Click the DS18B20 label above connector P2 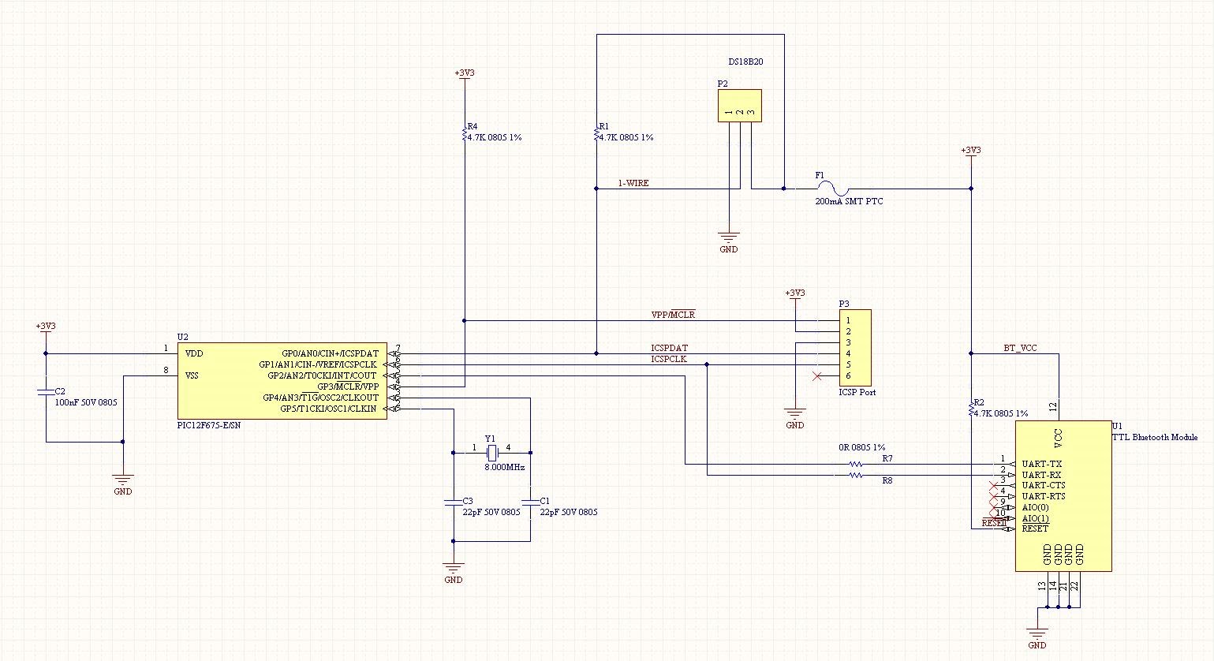[745, 61]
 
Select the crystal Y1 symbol [492, 453]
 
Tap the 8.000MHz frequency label [505, 468]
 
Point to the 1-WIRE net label [633, 183]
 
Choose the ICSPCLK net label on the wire [668, 360]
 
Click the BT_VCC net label [1020, 348]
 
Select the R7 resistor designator [887, 458]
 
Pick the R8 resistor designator [887, 480]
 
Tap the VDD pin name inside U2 [193, 353]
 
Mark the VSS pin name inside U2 [192, 375]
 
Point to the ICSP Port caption [857, 392]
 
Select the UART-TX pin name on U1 [1041, 464]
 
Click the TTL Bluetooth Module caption [1154, 437]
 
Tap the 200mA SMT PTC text [849, 202]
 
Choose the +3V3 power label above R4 [465, 73]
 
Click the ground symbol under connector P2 [729, 237]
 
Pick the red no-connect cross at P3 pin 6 [817, 375]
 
